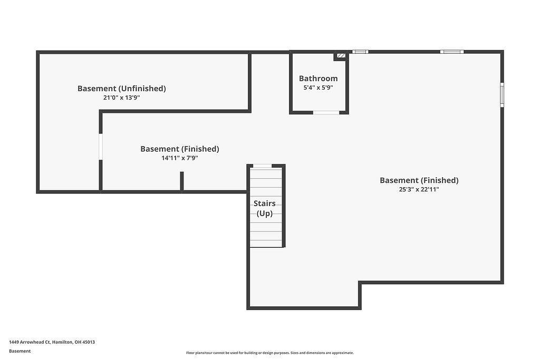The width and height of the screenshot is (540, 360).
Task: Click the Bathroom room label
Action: coord(318,79)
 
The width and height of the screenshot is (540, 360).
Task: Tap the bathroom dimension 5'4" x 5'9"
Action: coord(318,88)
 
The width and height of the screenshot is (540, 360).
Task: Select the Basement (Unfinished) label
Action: coord(121,89)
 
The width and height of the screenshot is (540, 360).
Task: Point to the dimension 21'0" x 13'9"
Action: coord(121,98)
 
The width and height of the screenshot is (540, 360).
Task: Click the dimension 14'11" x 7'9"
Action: coord(179,158)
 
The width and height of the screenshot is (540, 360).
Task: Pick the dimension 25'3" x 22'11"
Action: coord(419,189)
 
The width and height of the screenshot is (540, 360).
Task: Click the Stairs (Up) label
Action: coord(264,208)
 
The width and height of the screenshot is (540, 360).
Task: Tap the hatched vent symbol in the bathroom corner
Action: coord(341,55)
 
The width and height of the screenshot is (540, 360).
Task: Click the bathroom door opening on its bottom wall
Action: coord(326,112)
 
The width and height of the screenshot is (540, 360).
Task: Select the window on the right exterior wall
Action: coord(502,95)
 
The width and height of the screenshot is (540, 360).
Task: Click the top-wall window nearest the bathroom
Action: coord(360,52)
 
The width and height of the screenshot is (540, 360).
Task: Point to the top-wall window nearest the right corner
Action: coord(452,52)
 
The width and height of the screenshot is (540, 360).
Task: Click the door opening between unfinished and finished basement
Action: coord(100,147)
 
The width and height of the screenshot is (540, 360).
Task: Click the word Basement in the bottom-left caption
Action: coord(20,351)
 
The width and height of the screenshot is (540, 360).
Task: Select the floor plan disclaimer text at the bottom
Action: coord(269,353)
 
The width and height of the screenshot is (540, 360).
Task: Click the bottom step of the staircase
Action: coord(266,243)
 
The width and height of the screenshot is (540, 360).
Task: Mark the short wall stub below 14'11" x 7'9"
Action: coord(182,181)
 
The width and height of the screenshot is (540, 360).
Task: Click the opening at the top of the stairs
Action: coord(263,166)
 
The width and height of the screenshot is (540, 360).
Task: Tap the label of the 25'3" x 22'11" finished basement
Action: coord(419,180)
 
